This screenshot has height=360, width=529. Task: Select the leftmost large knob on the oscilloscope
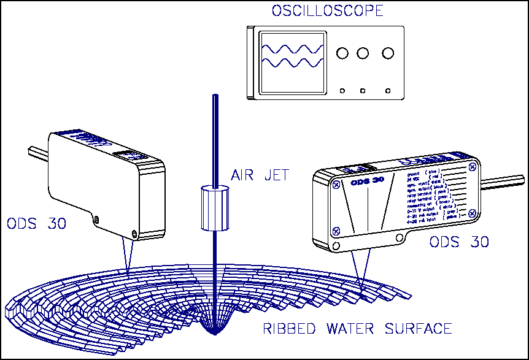pos(342,53)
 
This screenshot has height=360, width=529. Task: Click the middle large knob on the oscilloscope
pos(363,53)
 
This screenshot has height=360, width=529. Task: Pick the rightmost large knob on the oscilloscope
pos(387,53)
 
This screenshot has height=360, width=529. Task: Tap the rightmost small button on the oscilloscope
pos(387,91)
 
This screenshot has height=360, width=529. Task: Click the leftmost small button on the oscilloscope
pos(342,91)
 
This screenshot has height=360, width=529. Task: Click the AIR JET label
pos(260,176)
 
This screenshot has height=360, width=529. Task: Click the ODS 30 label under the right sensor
pos(458,242)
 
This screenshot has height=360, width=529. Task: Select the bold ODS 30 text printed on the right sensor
pos(367,182)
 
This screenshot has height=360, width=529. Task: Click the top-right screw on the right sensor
pos(471,166)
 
